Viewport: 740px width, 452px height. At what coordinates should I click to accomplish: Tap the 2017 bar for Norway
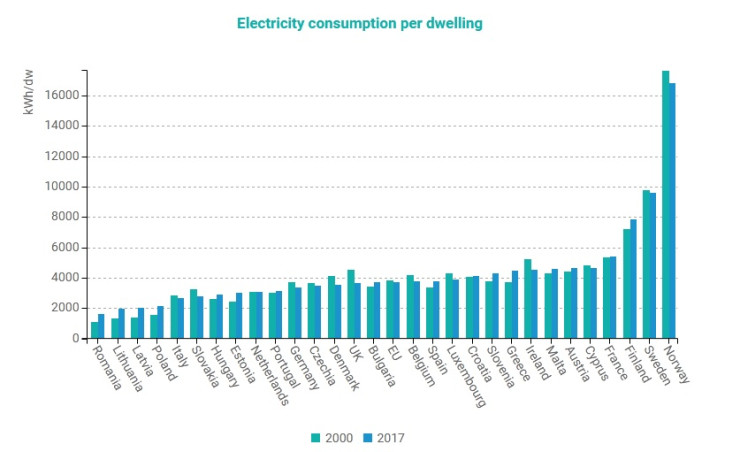point(673,211)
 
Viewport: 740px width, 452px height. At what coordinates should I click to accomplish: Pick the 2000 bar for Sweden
point(646,264)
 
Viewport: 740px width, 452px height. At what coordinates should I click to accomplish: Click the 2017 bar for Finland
point(634,279)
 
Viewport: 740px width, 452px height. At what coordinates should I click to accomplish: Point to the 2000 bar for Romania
point(94,330)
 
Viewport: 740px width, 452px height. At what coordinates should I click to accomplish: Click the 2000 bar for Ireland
point(528,299)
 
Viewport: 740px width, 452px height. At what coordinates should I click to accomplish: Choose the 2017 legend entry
point(384,437)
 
